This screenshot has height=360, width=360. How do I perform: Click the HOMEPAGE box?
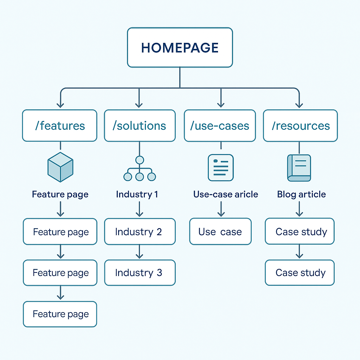tap(180, 47)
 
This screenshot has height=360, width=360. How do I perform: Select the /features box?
tap(59, 126)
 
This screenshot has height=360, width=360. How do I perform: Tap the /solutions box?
tap(140, 126)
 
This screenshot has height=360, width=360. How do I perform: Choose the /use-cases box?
tap(220, 126)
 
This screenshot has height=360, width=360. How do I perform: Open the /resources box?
tap(300, 126)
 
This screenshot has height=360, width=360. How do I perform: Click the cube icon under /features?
tap(60, 167)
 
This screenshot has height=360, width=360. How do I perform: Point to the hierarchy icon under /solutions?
tap(140, 169)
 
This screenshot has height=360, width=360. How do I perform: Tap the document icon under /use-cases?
tap(220, 168)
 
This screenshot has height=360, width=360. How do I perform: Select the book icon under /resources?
tap(299, 168)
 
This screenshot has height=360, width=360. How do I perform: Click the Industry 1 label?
tap(137, 194)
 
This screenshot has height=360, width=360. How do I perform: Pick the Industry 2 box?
tap(140, 232)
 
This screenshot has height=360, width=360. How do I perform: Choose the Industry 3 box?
tap(140, 273)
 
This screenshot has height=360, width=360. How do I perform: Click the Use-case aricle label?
tap(225, 194)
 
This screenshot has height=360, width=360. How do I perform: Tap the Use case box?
tap(220, 232)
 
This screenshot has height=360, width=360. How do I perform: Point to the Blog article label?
tap(301, 194)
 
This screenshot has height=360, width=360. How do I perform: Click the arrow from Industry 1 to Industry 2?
tap(140, 210)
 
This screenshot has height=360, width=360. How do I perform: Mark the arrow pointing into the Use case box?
tap(221, 210)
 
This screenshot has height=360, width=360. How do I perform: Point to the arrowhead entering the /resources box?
tap(299, 104)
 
